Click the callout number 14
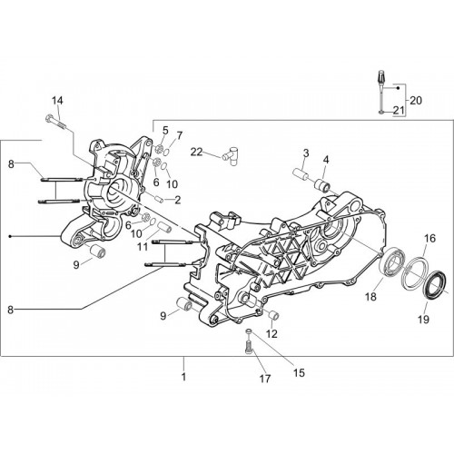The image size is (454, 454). point(57,101)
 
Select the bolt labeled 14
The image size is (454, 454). point(56,122)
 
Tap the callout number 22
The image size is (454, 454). point(196,152)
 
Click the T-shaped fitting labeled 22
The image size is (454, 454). point(230,155)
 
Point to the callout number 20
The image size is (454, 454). point(416,101)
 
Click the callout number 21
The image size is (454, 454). point(399,111)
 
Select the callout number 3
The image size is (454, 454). point(306,153)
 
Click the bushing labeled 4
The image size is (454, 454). point(322,185)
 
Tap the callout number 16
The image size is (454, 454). point(429,239)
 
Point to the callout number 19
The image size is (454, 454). point(423,319)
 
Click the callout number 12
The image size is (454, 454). point(271,334)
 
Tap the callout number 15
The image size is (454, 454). point(299,373)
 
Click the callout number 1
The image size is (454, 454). point(183,377)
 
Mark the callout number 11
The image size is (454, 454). point(143,246)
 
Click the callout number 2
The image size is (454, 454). point(177,200)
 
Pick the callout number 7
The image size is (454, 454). point(180,135)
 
